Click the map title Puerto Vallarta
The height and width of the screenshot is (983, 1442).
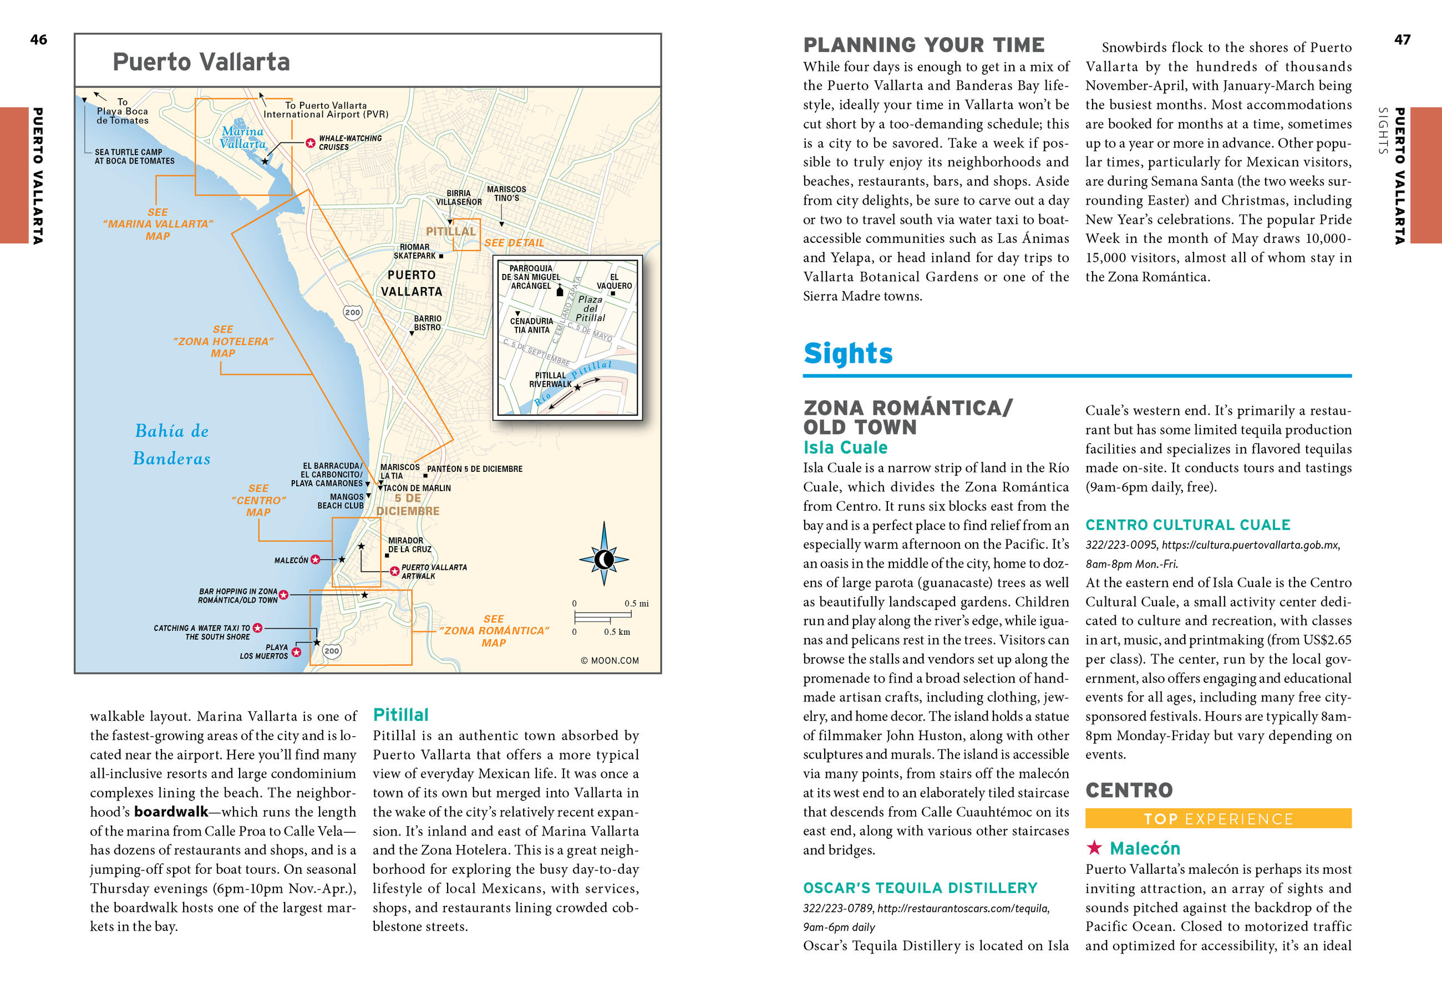coord(201,62)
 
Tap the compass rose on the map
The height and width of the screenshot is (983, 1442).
coord(604,559)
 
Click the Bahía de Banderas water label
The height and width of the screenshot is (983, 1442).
coord(172,445)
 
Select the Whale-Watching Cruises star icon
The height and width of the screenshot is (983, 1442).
coord(310,143)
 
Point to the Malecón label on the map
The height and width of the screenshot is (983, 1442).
coord(291,560)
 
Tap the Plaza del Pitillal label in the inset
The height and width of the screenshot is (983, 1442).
coord(590,308)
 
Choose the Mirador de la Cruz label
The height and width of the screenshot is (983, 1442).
coord(409,545)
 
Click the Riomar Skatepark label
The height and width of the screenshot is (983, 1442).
coord(414,251)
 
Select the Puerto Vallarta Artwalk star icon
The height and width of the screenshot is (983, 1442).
coord(394,571)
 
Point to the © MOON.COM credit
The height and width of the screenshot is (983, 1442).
coord(610,660)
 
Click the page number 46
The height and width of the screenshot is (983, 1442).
coord(38,40)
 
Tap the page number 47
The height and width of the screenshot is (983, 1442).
coord(1402,40)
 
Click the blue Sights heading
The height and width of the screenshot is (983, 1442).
coord(847,354)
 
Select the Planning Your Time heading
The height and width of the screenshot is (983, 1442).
coord(923,45)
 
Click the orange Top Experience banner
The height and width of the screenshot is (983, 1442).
coord(1218,819)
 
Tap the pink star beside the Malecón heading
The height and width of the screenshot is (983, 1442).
coord(1094,847)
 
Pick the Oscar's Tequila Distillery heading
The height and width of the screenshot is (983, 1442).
coord(920,888)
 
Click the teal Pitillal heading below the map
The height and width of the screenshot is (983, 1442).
coord(400,715)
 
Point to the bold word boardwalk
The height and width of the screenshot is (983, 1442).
coord(171,812)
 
